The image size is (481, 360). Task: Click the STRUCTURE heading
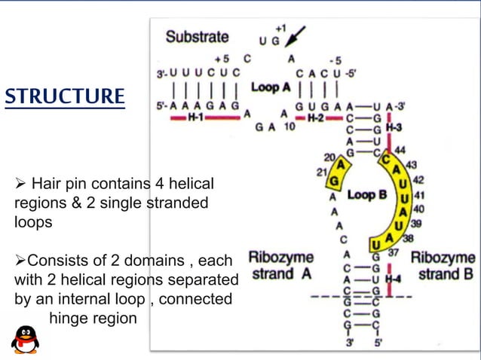point(64,97)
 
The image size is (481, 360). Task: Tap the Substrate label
point(197,35)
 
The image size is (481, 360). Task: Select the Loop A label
point(271,87)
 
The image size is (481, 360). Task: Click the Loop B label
point(366,194)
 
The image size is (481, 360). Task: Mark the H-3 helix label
point(394,128)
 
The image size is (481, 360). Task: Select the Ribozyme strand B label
point(443,266)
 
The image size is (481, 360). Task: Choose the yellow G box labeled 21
point(335,182)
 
